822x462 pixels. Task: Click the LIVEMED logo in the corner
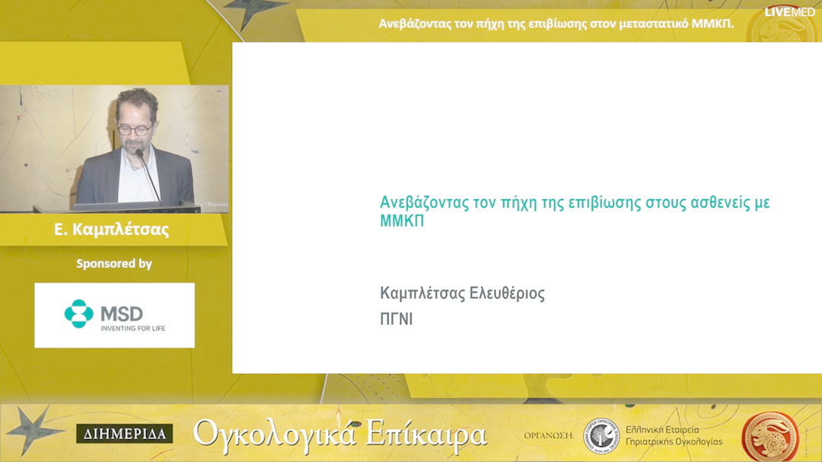coord(789,11)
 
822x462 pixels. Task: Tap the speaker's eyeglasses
coord(133,130)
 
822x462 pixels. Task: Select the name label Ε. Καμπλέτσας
coord(112,229)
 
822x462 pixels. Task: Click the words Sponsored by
coord(114,264)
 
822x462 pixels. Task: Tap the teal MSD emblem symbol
coord(78,313)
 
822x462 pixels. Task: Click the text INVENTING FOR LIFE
coord(132,328)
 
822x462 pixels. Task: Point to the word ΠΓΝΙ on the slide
coord(396,320)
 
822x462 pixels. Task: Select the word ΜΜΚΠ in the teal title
coord(402,221)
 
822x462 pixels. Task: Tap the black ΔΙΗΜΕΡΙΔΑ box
coord(124,434)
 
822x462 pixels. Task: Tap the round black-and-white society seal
coord(601,435)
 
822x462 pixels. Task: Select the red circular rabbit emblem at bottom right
coord(769,435)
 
